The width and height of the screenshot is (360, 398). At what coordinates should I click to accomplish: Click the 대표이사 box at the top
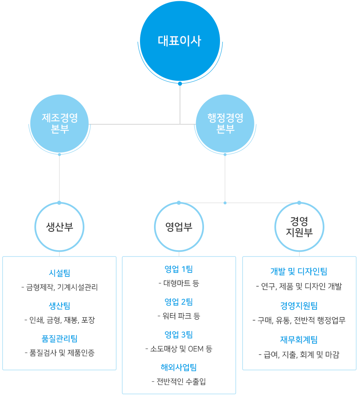point(179,42)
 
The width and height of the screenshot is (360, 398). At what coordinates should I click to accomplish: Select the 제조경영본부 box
point(60,124)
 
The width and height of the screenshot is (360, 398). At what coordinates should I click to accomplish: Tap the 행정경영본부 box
point(225,124)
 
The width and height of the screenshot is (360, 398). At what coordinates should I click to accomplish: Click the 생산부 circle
point(60,227)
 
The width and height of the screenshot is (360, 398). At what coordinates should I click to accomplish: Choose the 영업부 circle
point(179,227)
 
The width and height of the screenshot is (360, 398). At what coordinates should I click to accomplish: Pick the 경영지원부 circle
point(299,227)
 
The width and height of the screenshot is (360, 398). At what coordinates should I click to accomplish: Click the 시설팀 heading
point(60,273)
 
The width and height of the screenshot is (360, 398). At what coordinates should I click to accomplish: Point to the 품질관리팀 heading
point(60,338)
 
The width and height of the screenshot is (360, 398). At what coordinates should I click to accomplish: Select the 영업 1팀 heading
point(179,269)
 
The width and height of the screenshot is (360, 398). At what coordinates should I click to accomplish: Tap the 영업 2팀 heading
point(179,302)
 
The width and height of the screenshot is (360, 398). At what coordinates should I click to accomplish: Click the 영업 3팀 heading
point(179,334)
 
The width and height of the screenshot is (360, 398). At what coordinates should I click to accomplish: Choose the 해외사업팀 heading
point(179,367)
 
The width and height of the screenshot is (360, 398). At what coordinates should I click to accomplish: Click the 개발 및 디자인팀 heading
point(299,271)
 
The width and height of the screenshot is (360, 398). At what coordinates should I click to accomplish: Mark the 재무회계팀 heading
point(299,340)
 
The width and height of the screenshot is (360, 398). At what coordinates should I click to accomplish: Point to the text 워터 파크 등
point(181,316)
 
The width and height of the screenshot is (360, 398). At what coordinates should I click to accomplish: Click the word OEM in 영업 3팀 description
point(196,349)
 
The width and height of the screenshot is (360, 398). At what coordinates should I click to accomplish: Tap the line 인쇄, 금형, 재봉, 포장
point(62,320)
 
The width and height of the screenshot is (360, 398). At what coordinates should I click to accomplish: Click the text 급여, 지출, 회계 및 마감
point(302,354)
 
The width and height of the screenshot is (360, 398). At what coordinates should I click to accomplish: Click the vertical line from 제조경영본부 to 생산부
point(59,178)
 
